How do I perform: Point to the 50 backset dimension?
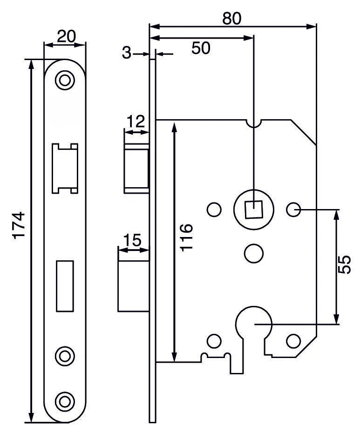[x=201, y=48]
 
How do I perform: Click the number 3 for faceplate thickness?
[x=126, y=54]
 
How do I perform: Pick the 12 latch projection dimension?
[x=135, y=122]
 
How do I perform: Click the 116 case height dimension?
[x=186, y=237]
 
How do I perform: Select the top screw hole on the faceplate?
[x=65, y=80]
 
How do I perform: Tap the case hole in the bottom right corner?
[x=293, y=340]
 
